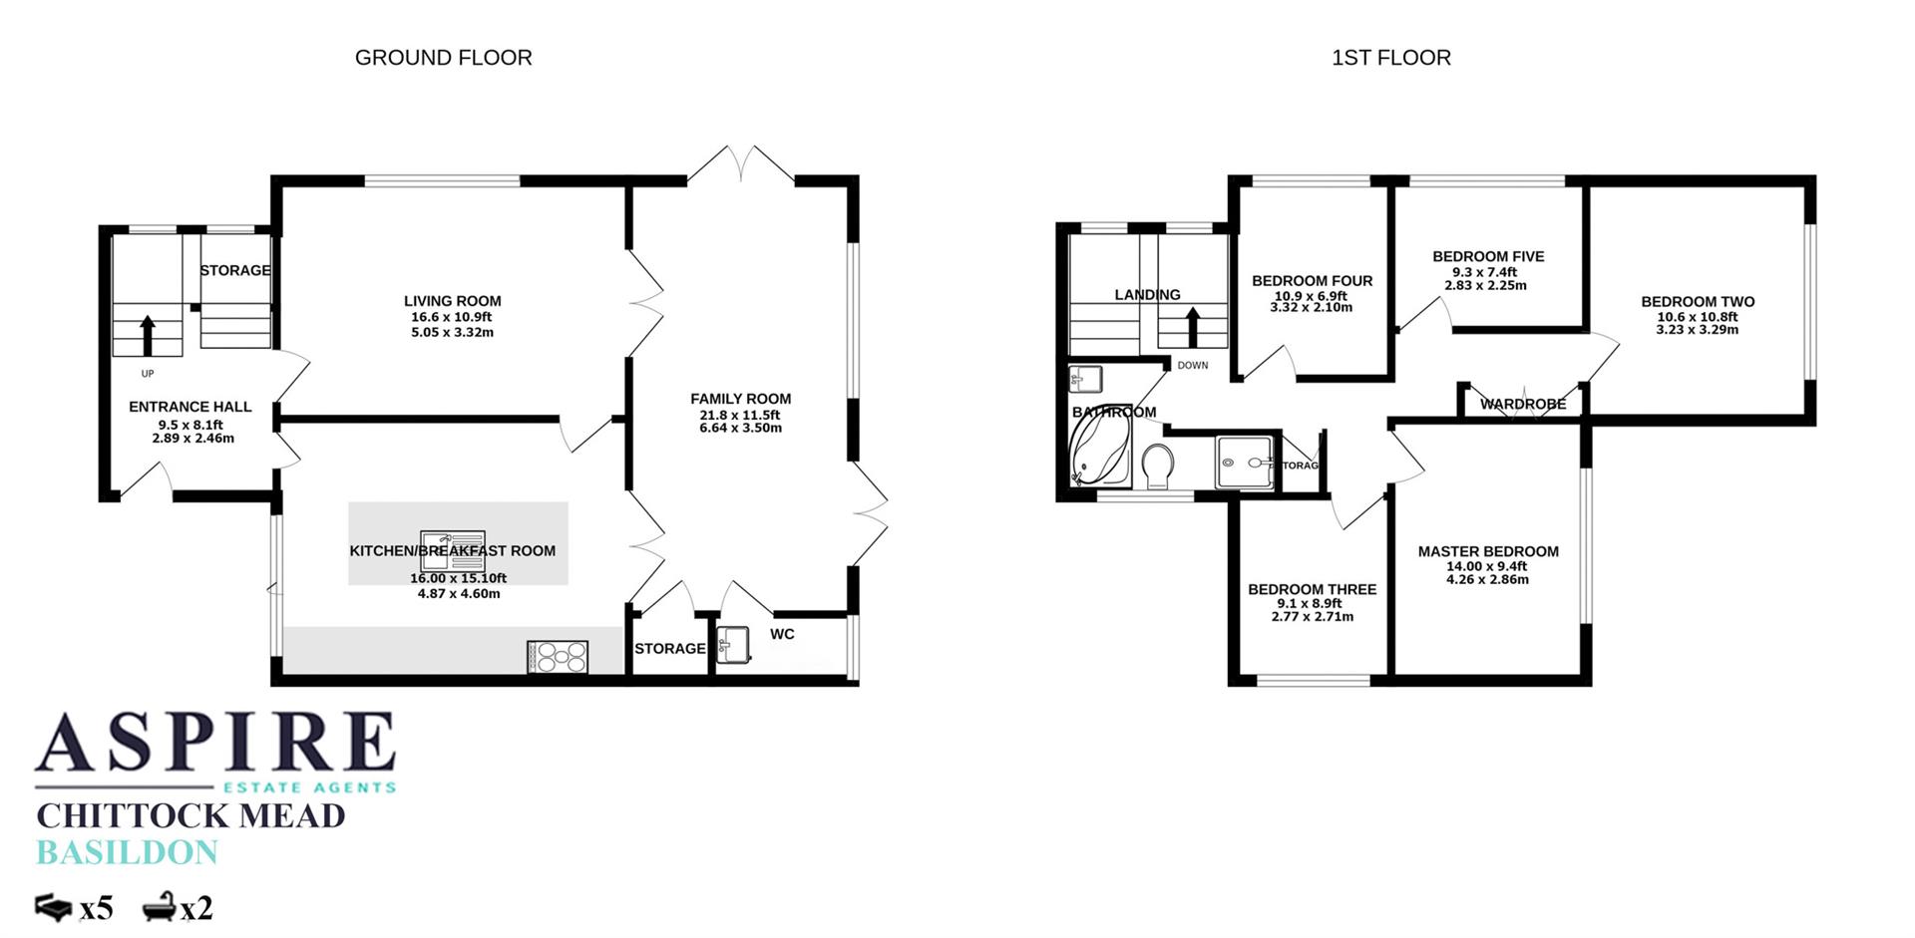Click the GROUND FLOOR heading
tap(443, 58)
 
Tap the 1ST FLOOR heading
tap(1390, 58)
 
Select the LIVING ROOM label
tap(452, 301)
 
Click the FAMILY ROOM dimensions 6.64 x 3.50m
tap(740, 428)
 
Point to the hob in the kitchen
tap(558, 658)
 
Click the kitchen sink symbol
tap(452, 550)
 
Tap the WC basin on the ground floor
tap(733, 645)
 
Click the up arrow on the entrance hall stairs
tap(148, 335)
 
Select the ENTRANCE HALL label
tap(190, 407)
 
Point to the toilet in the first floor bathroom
tap(1157, 466)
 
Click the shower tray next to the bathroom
tap(1244, 463)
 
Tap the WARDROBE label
tap(1522, 404)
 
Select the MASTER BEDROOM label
tap(1487, 551)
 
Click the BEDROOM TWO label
tap(1697, 302)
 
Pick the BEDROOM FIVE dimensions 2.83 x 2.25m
tap(1485, 285)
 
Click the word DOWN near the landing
tap(1192, 365)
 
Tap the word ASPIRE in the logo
tap(215, 743)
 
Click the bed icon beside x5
tap(54, 907)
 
